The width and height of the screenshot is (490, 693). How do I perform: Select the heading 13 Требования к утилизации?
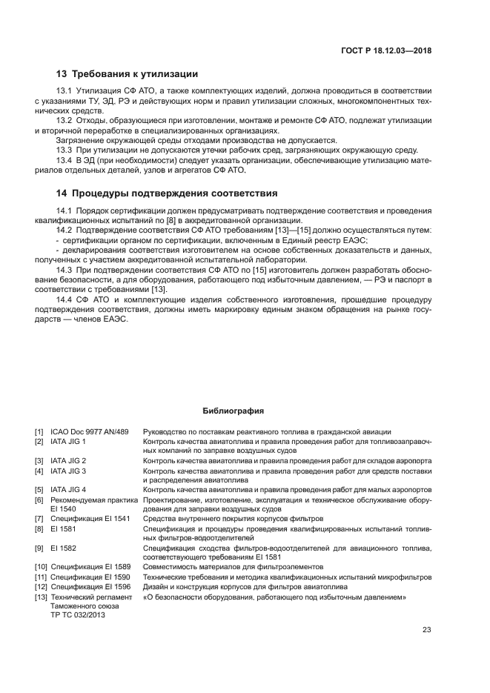pos(127,74)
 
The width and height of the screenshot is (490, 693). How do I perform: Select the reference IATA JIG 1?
pos(68,441)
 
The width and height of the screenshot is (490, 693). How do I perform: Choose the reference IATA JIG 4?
pos(68,490)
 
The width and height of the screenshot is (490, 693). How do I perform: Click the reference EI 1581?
pos(61,528)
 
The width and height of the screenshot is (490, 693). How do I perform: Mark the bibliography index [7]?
pos(39,519)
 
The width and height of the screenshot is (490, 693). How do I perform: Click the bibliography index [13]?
pos(41,597)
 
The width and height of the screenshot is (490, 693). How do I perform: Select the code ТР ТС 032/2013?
pos(77,614)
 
